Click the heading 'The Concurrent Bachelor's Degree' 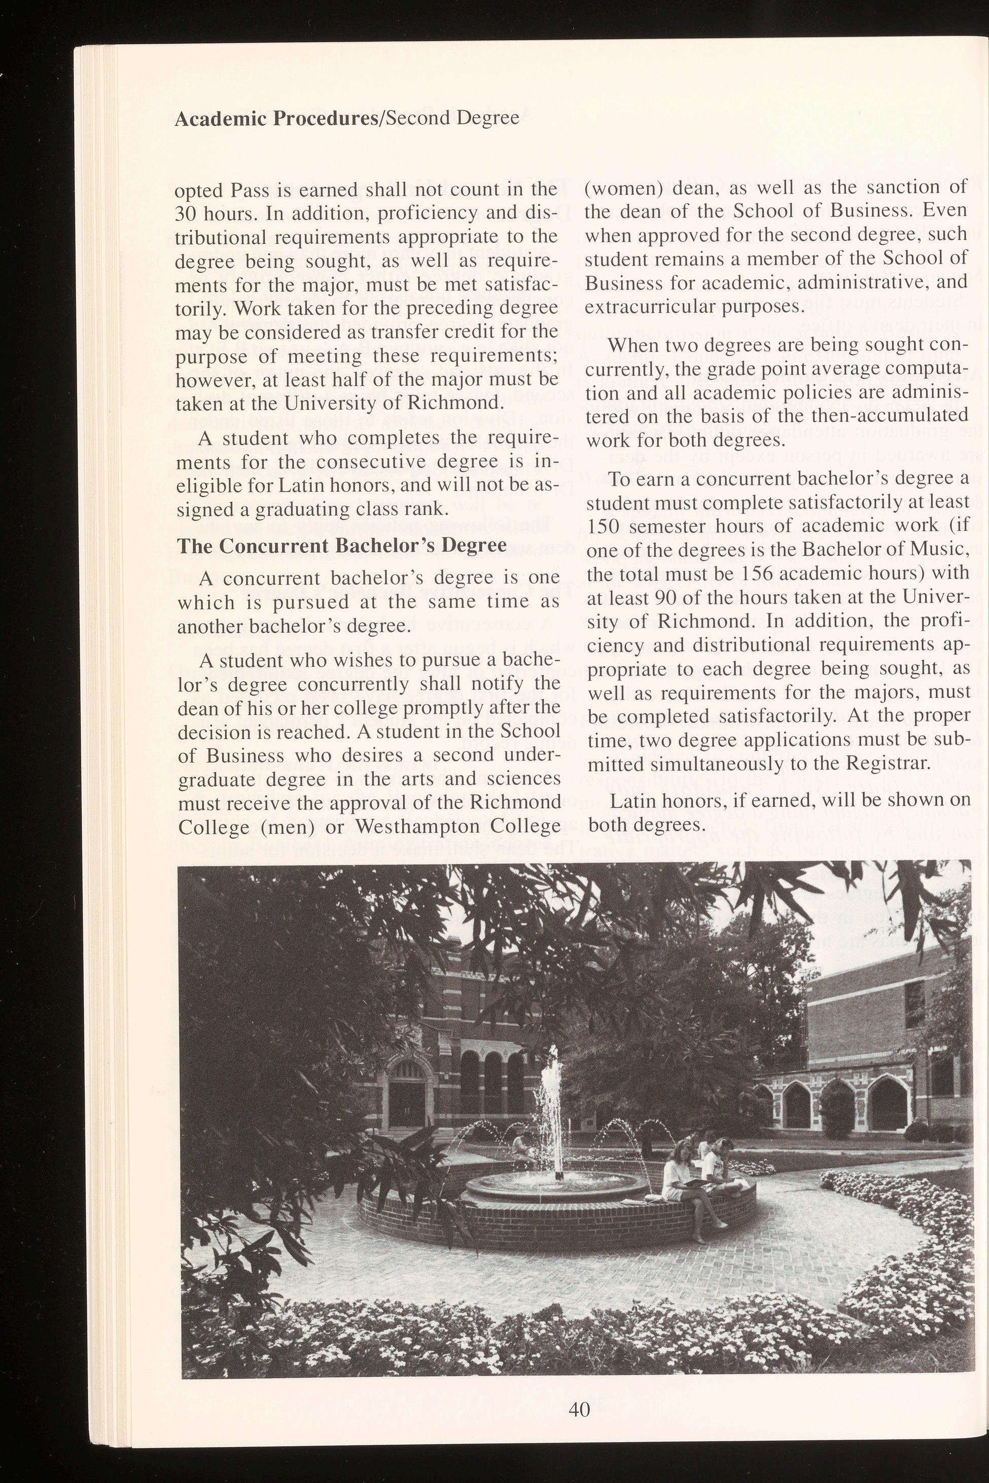(x=341, y=546)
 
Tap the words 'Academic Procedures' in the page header (x=274, y=119)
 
